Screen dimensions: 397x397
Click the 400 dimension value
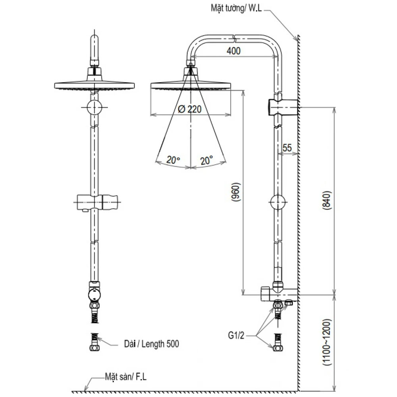point(234,51)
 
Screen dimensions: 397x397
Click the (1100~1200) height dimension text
point(326,342)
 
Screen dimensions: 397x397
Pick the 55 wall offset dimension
point(287,148)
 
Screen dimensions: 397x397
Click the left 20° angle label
point(173,160)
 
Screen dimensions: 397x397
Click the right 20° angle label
point(206,160)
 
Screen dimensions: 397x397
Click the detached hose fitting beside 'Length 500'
point(94,342)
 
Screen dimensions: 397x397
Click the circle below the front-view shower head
point(94,107)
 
